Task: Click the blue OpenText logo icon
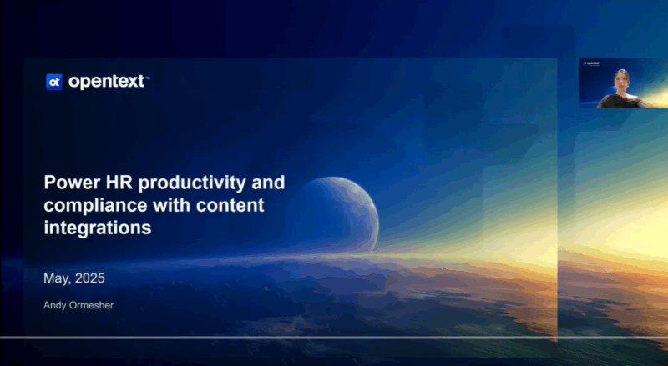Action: tap(54, 83)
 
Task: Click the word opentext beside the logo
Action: tap(107, 81)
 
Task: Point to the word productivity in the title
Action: tap(192, 183)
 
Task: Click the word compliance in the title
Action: tap(95, 207)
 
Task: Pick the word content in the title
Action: tap(230, 206)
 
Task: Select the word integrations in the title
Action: tap(98, 228)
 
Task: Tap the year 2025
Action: tap(90, 278)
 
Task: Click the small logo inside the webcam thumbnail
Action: tap(591, 63)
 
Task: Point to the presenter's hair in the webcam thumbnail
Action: tap(621, 73)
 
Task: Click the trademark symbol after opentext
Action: tap(148, 78)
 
